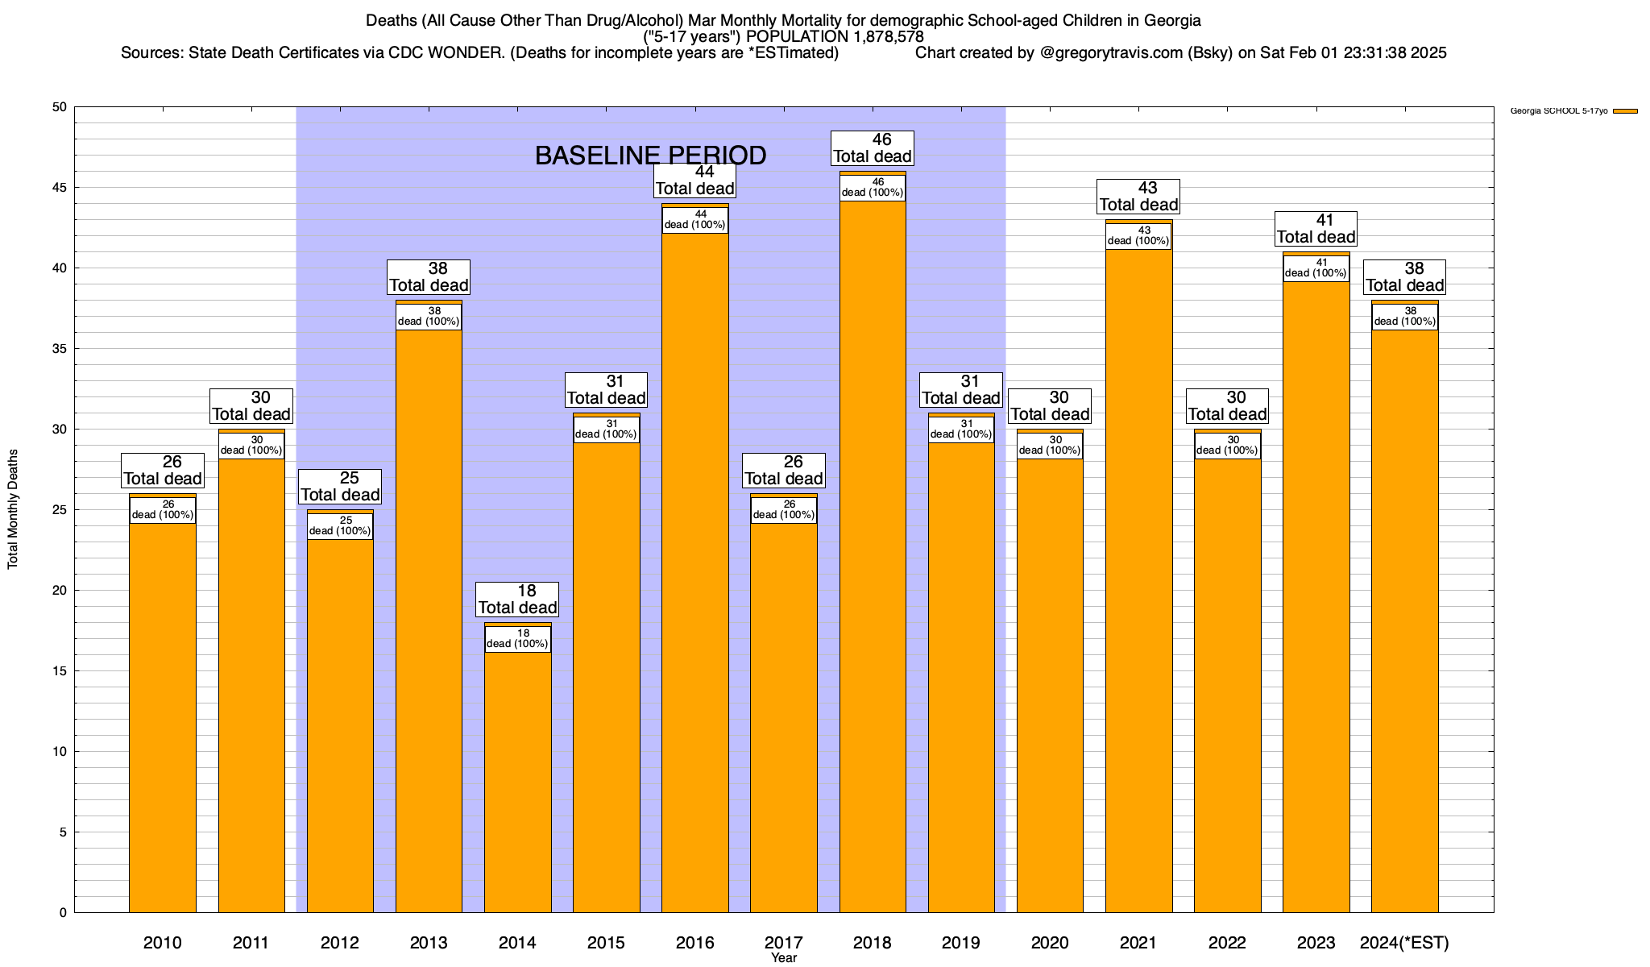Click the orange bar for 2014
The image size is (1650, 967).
[517, 782]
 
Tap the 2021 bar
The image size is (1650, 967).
[1138, 580]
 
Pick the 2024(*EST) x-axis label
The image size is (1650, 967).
[1404, 943]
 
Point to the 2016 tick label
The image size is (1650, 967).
[694, 943]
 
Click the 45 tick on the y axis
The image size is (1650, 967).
[61, 188]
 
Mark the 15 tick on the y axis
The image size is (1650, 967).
[61, 671]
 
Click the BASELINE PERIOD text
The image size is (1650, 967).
[650, 156]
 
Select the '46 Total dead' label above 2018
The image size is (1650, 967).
[873, 148]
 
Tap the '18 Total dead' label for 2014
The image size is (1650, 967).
[517, 600]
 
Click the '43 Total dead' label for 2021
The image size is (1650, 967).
[1138, 197]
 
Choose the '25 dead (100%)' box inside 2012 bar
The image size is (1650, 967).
[340, 526]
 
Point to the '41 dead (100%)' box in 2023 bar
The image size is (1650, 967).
[1316, 268]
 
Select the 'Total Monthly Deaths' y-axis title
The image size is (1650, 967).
[13, 509]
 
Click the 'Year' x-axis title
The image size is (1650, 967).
[783, 958]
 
